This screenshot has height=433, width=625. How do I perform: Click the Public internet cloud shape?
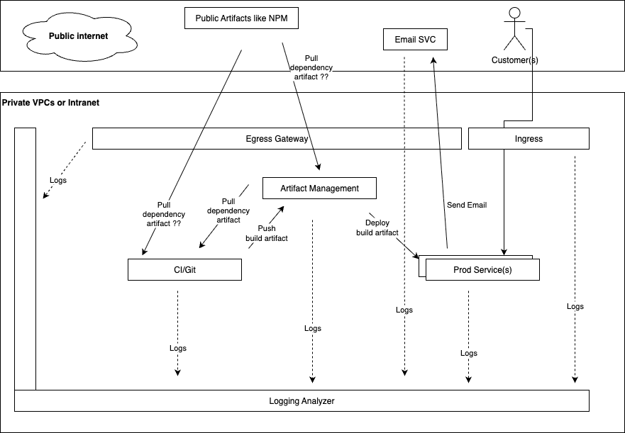(x=78, y=35)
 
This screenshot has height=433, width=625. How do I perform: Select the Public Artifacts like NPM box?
(x=241, y=18)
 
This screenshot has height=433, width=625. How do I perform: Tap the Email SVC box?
(x=415, y=40)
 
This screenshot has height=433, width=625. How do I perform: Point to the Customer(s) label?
(x=515, y=60)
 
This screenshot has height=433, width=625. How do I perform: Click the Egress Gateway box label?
(x=277, y=139)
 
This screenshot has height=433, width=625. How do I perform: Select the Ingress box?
(x=529, y=139)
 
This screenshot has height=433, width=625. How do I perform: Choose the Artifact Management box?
(x=319, y=189)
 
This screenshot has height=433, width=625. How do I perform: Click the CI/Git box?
(x=184, y=270)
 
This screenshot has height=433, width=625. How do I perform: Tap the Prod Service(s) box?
(x=482, y=270)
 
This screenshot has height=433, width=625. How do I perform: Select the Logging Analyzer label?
(x=302, y=401)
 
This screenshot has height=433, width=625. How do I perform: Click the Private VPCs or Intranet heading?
(x=51, y=103)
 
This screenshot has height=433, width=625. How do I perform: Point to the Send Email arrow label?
(x=466, y=206)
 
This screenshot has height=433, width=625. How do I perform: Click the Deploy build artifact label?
(x=377, y=227)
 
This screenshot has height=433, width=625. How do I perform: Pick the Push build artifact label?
(x=267, y=233)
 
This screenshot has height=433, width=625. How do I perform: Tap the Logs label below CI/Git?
(x=178, y=348)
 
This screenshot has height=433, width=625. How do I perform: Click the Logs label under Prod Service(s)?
(x=468, y=353)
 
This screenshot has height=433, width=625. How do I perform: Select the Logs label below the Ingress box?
(x=575, y=306)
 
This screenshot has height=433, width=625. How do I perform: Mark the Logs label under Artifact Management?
(x=312, y=328)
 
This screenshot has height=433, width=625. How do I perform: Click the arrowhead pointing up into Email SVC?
(x=432, y=62)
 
